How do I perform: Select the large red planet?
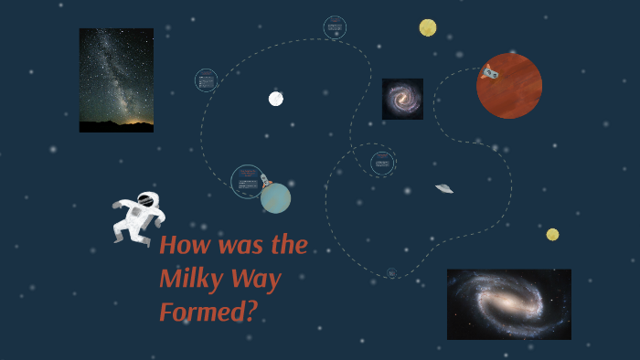pos(510,87)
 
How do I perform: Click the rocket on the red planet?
pos(490,72)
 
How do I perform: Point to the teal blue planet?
pos(275,198)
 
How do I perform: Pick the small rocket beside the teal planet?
pos(265,182)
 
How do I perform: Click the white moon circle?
pos(275,99)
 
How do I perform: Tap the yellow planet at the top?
pos(428,27)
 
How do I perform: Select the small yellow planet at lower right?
pos(552,235)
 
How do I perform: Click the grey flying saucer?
pos(444,188)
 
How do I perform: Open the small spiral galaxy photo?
pos(402,99)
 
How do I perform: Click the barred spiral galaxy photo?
pos(508,304)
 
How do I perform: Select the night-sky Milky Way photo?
pos(116,80)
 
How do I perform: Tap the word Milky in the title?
pos(188,279)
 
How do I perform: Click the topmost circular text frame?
pos(335,27)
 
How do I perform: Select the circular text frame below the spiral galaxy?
pos(382,164)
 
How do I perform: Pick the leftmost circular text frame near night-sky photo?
pos(207,80)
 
